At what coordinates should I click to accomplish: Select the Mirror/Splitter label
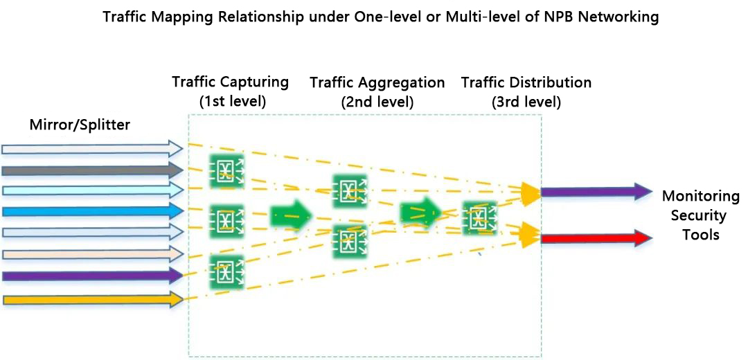point(80,125)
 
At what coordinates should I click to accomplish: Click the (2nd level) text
point(377,101)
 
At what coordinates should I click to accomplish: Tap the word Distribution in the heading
point(551,83)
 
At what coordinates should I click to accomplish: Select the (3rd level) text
point(526,101)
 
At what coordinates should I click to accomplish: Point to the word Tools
point(701,235)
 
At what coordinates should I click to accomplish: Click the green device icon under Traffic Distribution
point(479,217)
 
